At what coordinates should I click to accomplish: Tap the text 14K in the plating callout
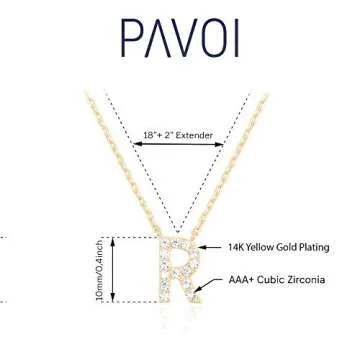click(x=237, y=247)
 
